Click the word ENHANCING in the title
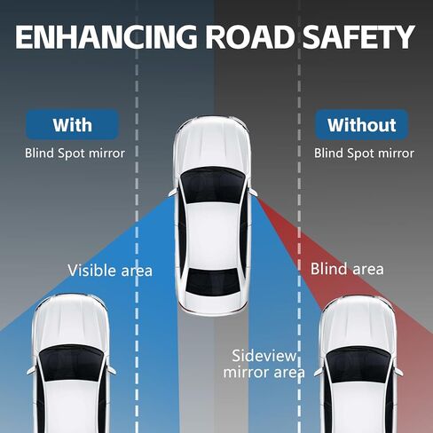pos(106,36)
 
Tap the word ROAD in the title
pos(250,36)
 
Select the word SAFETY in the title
pos(358,36)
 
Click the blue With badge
pos(73,124)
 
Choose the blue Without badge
pos(362,124)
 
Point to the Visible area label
pos(110,271)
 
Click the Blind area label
pos(347,269)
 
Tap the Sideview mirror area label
pos(264,364)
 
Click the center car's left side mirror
pos(174,192)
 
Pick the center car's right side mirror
pos(254,192)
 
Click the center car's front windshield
pos(213,184)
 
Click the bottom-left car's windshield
pos(71,363)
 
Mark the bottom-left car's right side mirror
pos(112,370)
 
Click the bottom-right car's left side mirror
pos(319,372)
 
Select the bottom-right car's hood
pos(358,322)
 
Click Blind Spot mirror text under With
pos(75,154)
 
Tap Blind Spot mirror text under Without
pos(364,154)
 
